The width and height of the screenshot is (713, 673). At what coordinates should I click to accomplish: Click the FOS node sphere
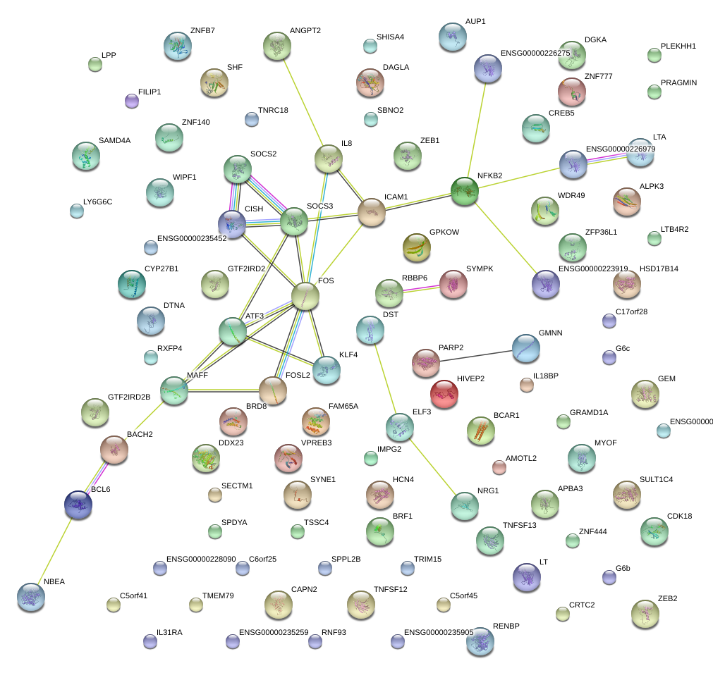pyautogui.click(x=305, y=296)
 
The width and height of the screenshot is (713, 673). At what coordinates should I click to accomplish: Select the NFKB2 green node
pyautogui.click(x=465, y=191)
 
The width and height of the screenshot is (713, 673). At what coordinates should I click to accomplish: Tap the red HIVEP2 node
pyautogui.click(x=444, y=393)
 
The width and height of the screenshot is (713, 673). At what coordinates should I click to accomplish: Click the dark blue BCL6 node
pyautogui.click(x=78, y=503)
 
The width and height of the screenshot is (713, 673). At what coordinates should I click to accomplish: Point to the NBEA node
pyautogui.click(x=31, y=596)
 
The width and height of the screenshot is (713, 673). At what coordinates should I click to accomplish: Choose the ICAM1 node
pyautogui.click(x=372, y=212)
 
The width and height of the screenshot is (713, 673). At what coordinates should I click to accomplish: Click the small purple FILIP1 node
pyautogui.click(x=131, y=101)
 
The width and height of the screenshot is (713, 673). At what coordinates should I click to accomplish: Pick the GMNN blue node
pyautogui.click(x=525, y=348)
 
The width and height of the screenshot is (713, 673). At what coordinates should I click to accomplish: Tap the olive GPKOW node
pyautogui.click(x=416, y=247)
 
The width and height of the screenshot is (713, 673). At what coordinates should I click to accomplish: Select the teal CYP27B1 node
pyautogui.click(x=131, y=283)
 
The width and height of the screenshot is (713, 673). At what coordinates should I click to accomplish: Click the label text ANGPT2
pyautogui.click(x=305, y=31)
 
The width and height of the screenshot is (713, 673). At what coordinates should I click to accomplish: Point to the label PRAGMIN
pyautogui.click(x=678, y=83)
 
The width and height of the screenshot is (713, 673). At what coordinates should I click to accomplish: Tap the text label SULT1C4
pyautogui.click(x=656, y=479)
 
